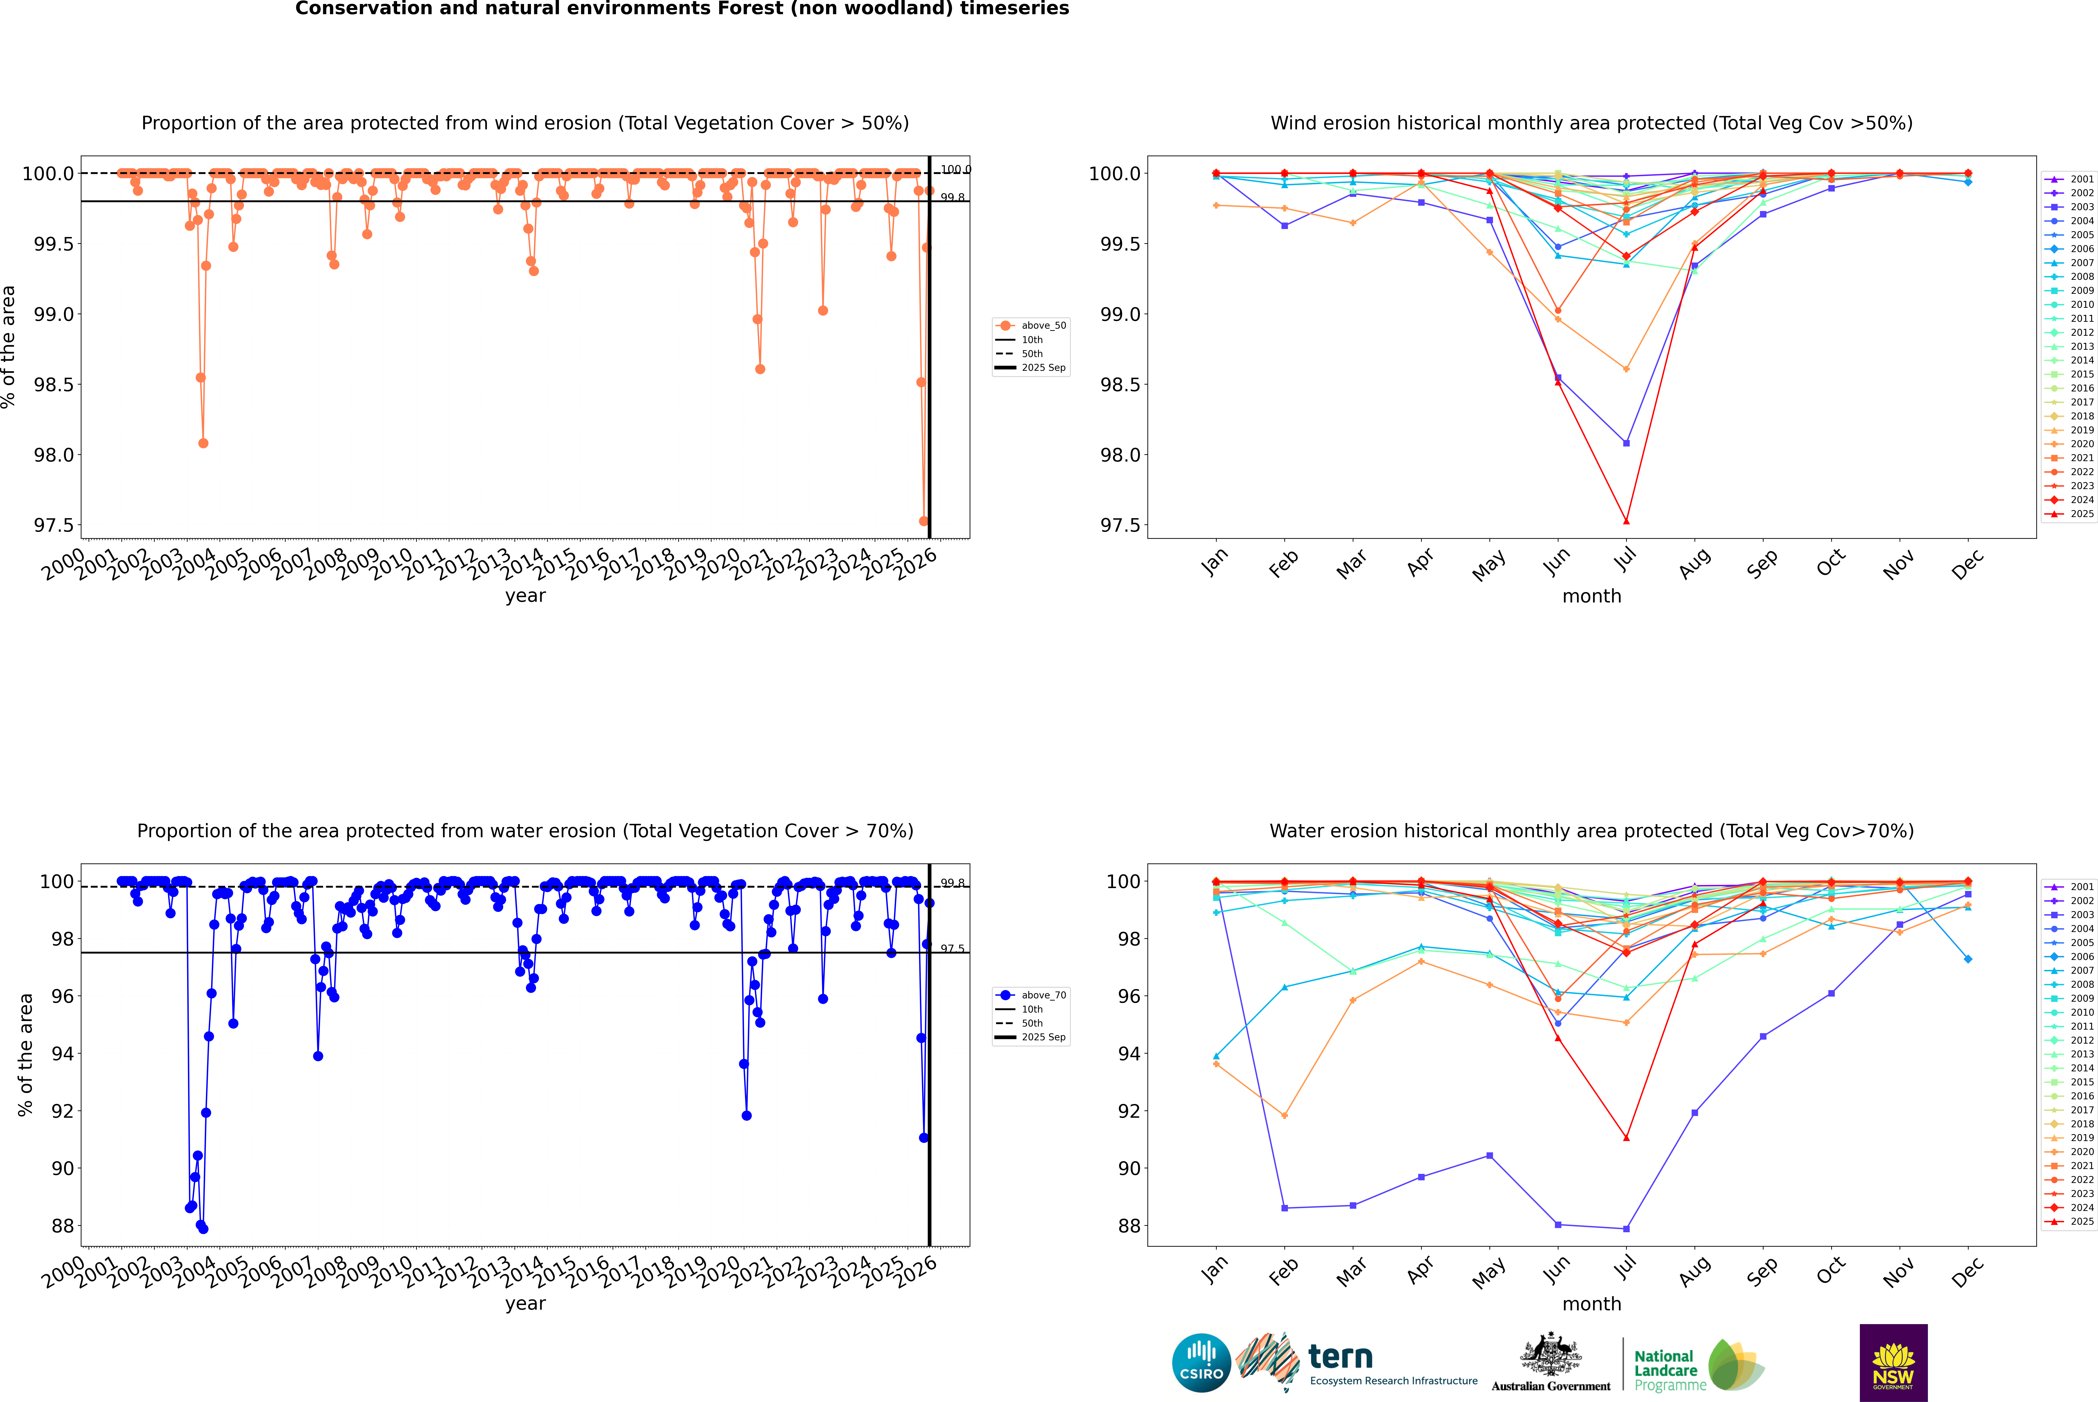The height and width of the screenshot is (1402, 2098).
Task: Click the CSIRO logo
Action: (x=1201, y=1363)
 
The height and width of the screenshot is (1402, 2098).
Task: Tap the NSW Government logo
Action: (x=1893, y=1363)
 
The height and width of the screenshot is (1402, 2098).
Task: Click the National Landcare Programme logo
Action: (x=1699, y=1364)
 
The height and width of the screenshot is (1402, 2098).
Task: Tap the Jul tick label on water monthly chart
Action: (x=1626, y=1268)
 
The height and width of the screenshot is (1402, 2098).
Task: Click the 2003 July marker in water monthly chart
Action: (x=1626, y=1228)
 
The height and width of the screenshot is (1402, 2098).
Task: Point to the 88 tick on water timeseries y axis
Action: (x=63, y=1226)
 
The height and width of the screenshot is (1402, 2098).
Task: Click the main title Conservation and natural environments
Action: (x=681, y=9)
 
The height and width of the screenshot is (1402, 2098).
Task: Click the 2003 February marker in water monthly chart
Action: (x=1284, y=1208)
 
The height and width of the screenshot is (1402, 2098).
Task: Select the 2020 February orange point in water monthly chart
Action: (x=1284, y=1116)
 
